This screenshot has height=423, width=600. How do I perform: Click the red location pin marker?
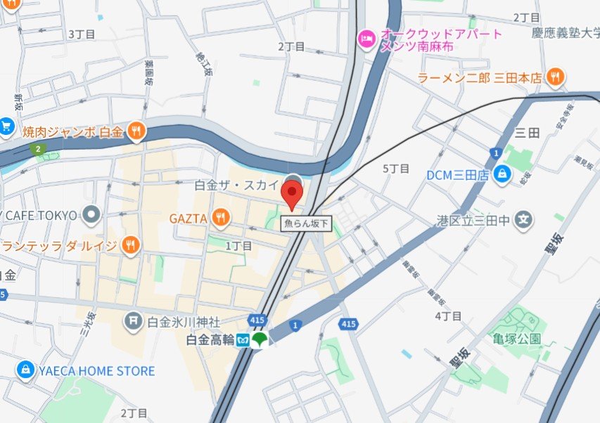point(292,193)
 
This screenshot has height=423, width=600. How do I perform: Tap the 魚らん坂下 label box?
point(307,224)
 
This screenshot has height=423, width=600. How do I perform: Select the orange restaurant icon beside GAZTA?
point(221,218)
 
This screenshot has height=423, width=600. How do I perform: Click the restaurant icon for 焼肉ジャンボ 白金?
point(136,130)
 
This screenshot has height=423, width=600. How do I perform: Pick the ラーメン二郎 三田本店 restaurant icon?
point(556,77)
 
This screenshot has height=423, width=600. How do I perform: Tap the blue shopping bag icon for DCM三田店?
point(502,175)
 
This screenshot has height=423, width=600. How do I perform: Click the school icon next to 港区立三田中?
point(523,221)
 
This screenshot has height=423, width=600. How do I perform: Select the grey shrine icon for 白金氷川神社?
point(133,323)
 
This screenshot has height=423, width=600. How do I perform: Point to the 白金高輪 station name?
point(209,340)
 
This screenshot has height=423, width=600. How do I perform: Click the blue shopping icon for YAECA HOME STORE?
point(25,370)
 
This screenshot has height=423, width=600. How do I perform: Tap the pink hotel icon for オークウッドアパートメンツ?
point(366,37)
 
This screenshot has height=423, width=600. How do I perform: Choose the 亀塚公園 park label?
point(517,338)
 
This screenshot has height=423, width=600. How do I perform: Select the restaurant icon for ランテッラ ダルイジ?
point(129,245)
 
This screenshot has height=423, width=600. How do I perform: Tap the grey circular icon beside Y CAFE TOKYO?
point(91,214)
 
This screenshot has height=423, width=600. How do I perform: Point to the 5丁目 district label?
point(395,169)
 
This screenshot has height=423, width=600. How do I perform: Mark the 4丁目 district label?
point(447,316)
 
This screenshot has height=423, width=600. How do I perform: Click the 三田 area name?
point(527,132)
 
